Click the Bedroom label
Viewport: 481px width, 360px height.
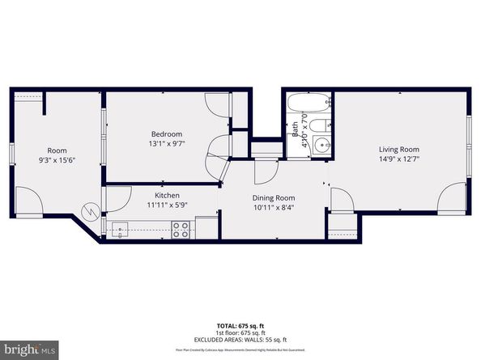(x=166, y=133)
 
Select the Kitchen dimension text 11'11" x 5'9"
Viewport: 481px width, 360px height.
(x=166, y=205)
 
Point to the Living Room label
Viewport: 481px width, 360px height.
(x=398, y=149)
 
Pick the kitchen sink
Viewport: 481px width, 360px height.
(x=120, y=230)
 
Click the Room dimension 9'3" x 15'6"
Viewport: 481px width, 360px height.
(x=57, y=161)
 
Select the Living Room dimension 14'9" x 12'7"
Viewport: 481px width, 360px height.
(x=398, y=159)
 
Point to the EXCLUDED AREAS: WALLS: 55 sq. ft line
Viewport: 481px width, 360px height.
(x=240, y=340)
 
